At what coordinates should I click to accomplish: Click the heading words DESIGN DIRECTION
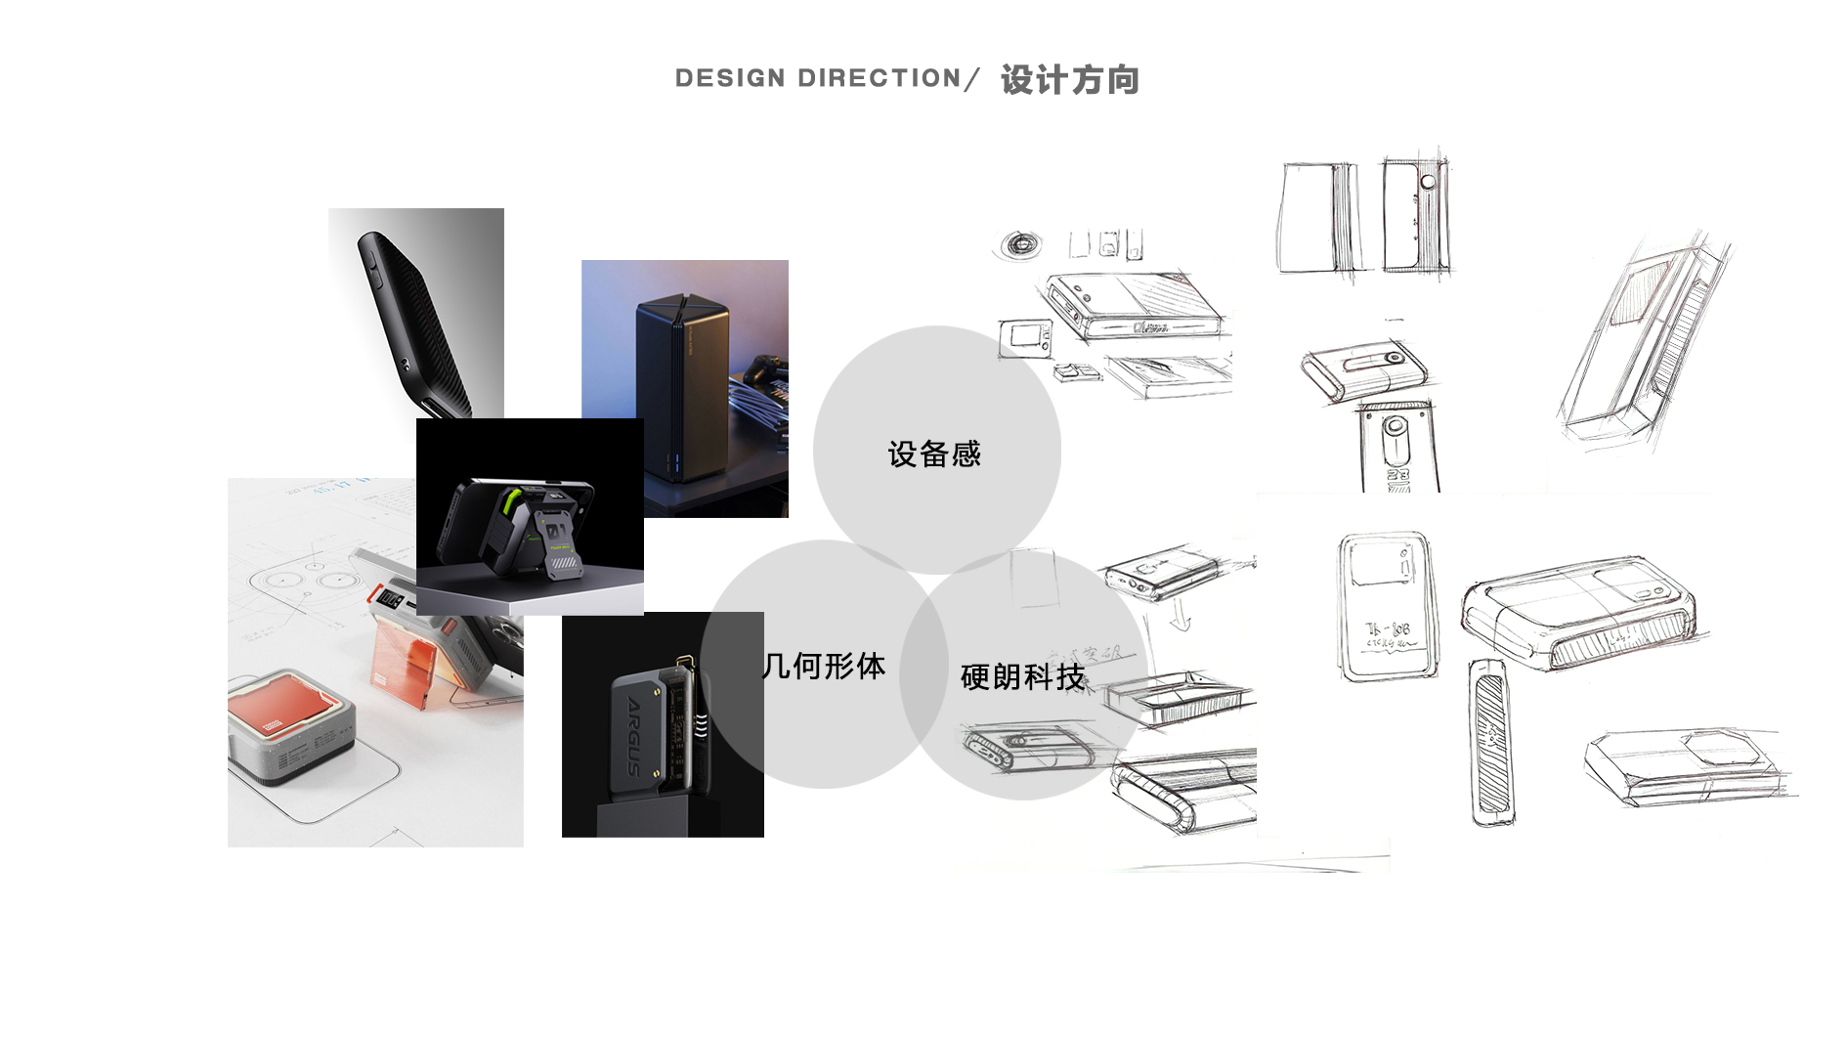tap(818, 78)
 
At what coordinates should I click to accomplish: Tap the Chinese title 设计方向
tap(1070, 79)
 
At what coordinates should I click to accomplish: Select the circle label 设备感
tap(933, 455)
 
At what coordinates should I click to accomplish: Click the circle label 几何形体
tap(824, 667)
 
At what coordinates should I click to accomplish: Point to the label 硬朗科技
tap(1022, 676)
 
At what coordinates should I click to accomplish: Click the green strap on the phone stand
tap(512, 504)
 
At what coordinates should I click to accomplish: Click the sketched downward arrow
tap(1181, 616)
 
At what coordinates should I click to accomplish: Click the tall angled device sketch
tap(1642, 342)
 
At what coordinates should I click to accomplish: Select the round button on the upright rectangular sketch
tap(1428, 182)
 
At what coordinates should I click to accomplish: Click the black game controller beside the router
tap(763, 371)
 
